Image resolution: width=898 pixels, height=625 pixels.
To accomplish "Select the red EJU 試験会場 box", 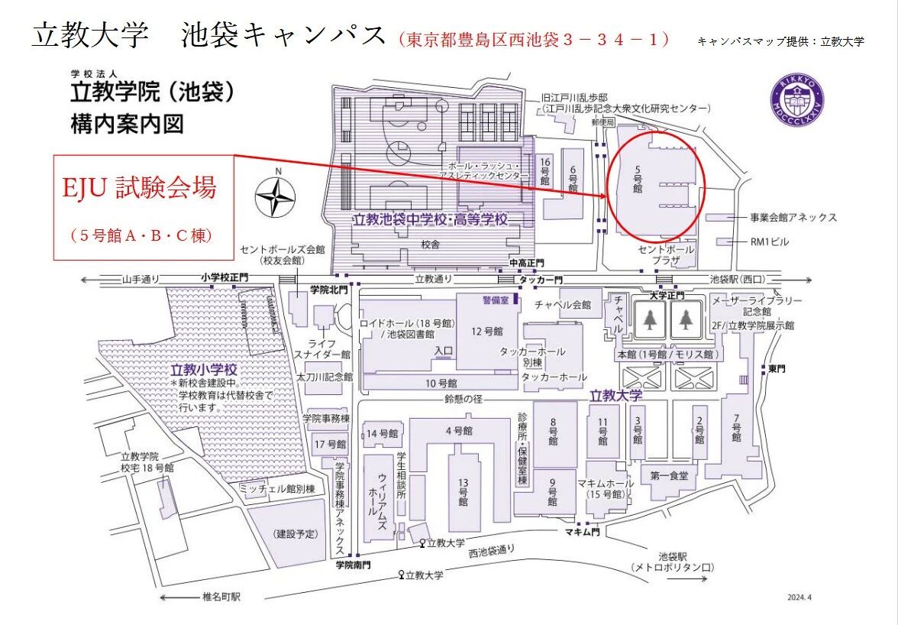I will pos(143,207).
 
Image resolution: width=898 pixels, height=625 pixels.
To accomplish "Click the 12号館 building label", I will pos(487,331).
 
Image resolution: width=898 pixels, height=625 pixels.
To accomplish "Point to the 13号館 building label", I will pos(463,492).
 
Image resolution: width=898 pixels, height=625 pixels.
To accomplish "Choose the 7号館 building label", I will pos(736,428).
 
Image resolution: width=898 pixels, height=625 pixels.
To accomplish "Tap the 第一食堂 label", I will pos(670,475).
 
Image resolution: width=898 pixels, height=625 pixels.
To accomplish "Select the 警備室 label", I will pos(495,300).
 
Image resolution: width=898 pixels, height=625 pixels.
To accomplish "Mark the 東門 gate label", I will pos(777,369).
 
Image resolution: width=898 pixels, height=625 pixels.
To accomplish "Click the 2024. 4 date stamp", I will pos(802,597).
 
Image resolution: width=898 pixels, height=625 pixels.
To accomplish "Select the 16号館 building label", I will pos(544,171).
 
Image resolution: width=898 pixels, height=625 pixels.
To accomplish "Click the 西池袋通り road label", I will pos(492,550).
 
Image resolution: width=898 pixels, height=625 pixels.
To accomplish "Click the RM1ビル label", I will pos(769,242).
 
